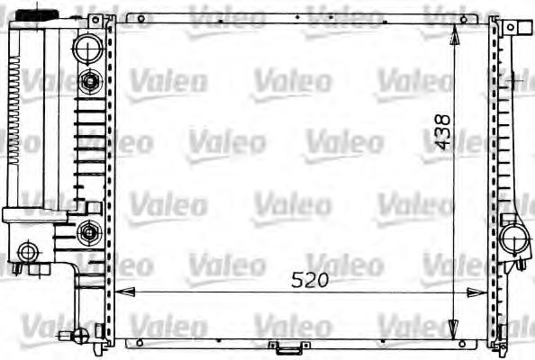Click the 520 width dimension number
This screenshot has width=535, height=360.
[x=310, y=279]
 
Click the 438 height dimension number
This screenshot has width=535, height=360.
[x=441, y=131]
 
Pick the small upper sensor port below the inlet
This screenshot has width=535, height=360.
[x=89, y=83]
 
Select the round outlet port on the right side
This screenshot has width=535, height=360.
[x=515, y=239]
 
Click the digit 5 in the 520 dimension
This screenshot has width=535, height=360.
[x=296, y=279]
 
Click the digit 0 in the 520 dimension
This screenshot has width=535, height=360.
[x=323, y=279]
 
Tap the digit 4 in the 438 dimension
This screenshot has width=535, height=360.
[x=441, y=145]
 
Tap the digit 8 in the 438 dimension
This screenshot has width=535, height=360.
[x=441, y=118]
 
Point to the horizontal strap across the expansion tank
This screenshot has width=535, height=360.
[x=36, y=214]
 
